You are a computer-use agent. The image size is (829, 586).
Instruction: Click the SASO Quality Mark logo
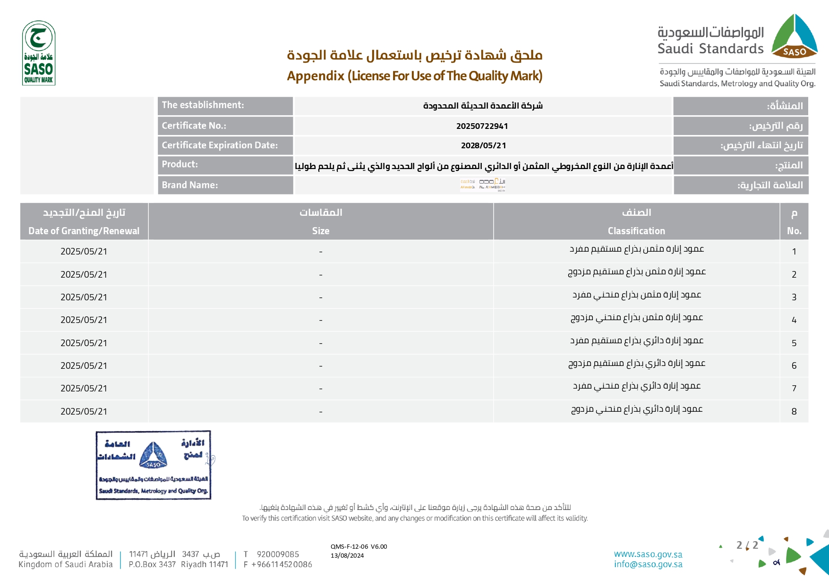point(39,53)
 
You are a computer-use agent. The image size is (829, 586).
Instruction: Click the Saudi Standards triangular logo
point(795,36)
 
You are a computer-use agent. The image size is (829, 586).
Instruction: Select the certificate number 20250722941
point(482,126)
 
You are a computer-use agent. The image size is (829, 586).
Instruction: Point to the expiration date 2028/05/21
point(483,145)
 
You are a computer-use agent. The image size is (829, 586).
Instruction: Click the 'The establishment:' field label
point(203,105)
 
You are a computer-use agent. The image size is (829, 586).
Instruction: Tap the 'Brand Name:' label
point(190,185)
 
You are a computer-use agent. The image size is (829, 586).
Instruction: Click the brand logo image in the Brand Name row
point(483,184)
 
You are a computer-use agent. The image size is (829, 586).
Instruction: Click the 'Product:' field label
point(180,164)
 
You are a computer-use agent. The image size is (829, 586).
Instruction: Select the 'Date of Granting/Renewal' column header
point(84,231)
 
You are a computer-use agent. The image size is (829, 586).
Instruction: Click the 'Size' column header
point(321,231)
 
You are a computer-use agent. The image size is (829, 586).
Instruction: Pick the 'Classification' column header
point(636,231)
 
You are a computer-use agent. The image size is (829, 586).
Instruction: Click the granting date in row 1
point(84,252)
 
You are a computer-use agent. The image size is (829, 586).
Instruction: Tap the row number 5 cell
point(794,343)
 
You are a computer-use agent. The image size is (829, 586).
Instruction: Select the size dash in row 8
point(321,412)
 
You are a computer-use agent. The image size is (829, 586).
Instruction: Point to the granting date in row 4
point(84,320)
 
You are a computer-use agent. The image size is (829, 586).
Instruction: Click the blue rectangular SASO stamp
point(154,465)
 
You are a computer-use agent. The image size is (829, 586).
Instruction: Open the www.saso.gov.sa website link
point(648,554)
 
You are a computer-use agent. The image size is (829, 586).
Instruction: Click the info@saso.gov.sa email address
point(648,564)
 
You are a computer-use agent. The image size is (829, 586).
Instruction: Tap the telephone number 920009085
point(278,554)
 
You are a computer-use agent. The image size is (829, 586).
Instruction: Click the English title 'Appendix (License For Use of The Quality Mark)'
point(415,76)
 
